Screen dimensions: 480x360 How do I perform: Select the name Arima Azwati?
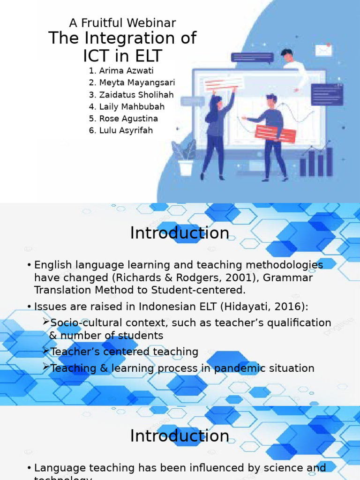point(126,71)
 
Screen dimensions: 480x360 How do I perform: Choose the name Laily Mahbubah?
point(132,106)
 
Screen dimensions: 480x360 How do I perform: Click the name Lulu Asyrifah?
point(126,130)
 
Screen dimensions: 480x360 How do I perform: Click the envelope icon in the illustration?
point(323,50)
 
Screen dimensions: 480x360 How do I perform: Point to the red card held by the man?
point(275,134)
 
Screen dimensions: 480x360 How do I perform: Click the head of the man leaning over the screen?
point(287,55)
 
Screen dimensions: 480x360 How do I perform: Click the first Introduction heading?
point(180,233)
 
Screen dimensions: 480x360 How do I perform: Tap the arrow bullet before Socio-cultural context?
point(46,322)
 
